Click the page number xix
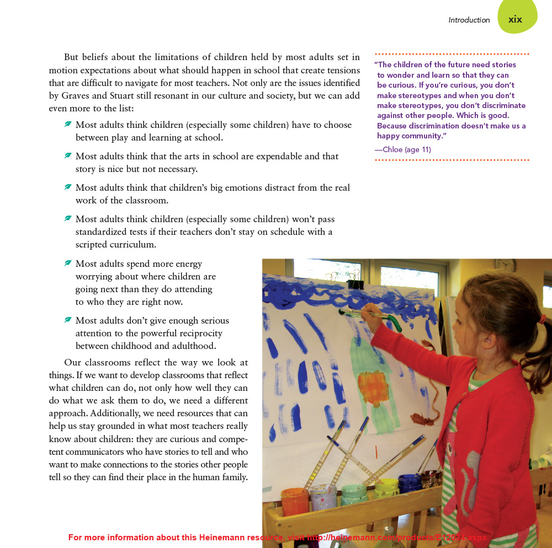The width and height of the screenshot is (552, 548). [x=515, y=19]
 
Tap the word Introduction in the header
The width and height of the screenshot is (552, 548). [x=469, y=20]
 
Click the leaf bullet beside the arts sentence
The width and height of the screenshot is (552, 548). [x=68, y=156]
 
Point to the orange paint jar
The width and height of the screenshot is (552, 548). [x=295, y=501]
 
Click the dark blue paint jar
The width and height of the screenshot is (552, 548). [x=409, y=484]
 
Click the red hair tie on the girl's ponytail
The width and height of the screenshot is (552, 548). [x=543, y=319]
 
